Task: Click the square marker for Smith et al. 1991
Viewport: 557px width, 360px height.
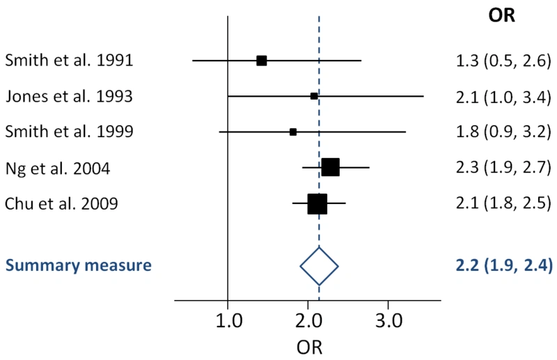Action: pos(262,61)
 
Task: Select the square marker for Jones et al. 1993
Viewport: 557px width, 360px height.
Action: pos(314,95)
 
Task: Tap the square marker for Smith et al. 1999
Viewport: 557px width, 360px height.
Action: pos(293,132)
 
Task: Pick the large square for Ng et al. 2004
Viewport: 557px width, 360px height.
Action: pos(330,167)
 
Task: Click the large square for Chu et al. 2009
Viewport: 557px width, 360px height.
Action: pos(317,203)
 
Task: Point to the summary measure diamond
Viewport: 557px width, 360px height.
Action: pos(319,266)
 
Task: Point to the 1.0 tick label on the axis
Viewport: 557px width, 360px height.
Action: pos(228,321)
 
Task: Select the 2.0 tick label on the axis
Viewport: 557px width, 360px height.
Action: pos(308,321)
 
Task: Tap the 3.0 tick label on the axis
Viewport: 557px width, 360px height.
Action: pos(388,321)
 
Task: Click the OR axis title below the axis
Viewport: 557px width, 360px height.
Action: pos(308,346)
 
